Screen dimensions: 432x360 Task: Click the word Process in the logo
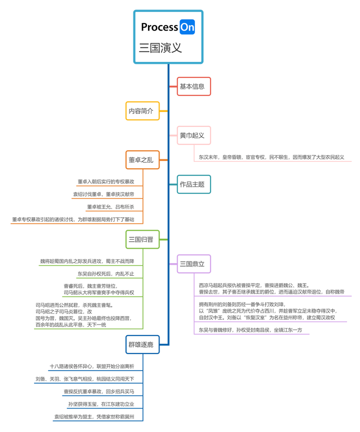(x=159, y=27)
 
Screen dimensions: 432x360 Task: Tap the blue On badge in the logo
(x=187, y=27)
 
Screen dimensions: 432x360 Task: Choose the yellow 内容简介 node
(x=142, y=111)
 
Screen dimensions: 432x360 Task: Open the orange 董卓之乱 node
(x=142, y=160)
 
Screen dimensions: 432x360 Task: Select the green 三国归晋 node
(x=142, y=240)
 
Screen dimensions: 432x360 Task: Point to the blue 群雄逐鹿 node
(x=142, y=344)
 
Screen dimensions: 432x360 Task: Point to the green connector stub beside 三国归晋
(x=163, y=240)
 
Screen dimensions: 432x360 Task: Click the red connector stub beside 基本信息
(x=173, y=86)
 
